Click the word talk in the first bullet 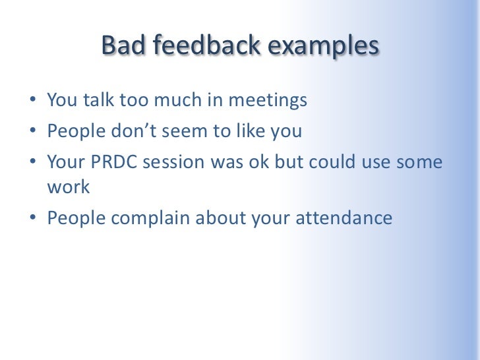click(x=98, y=101)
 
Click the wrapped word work click(x=68, y=187)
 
